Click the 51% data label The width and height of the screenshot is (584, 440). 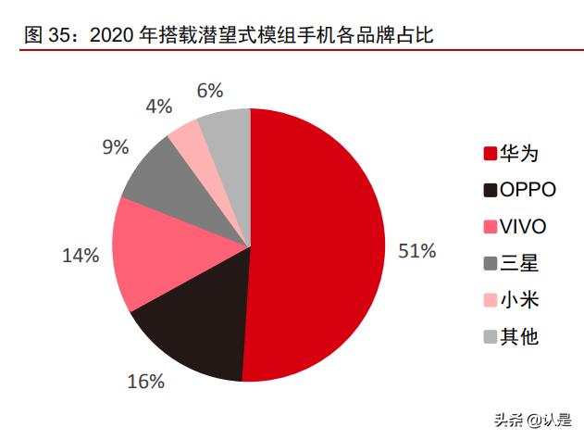click(x=416, y=251)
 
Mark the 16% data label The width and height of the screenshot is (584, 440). click(x=146, y=381)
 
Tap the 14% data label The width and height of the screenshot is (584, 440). click(x=81, y=256)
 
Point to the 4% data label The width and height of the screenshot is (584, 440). click(x=159, y=107)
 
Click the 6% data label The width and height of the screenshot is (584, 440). click(x=211, y=91)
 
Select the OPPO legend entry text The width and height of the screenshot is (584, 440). click(x=528, y=190)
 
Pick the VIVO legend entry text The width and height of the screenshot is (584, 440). click(x=522, y=227)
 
